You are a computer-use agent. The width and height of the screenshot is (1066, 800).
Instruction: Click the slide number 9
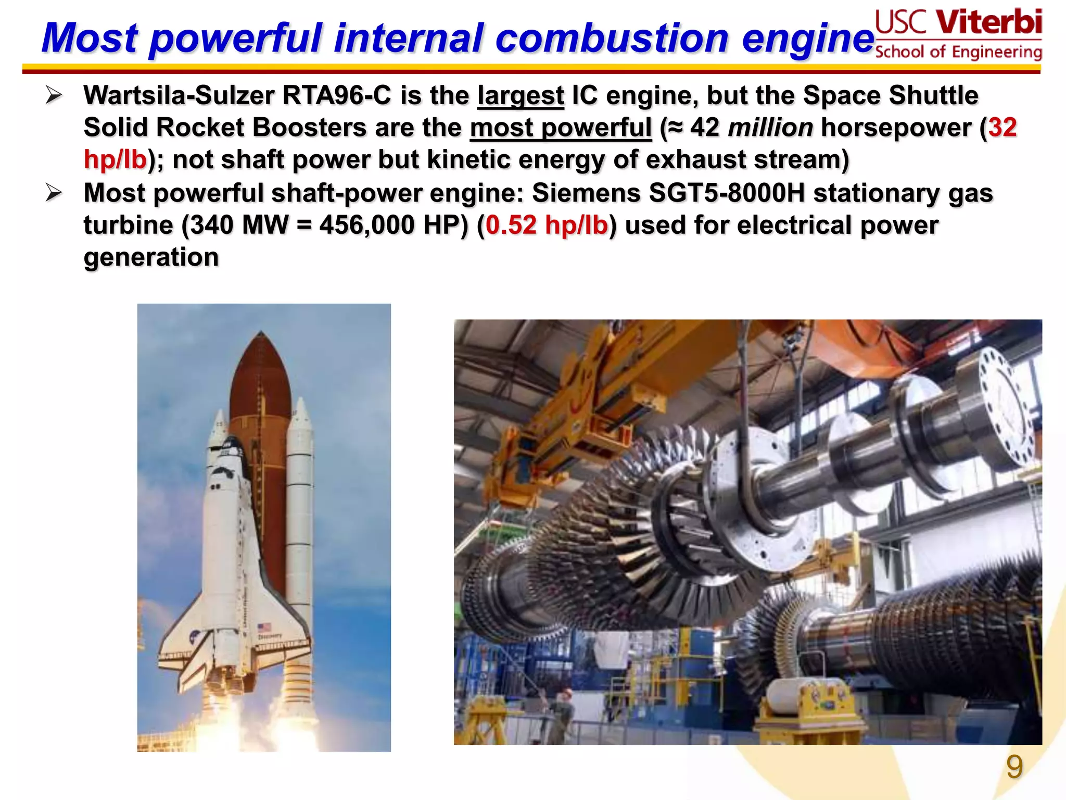(x=1014, y=767)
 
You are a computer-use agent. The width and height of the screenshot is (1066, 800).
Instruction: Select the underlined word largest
(x=521, y=96)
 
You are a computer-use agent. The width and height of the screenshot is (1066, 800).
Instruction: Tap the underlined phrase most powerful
(x=561, y=128)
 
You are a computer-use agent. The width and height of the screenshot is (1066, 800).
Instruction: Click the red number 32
(x=1002, y=128)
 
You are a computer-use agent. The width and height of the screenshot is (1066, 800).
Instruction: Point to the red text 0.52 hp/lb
(x=547, y=226)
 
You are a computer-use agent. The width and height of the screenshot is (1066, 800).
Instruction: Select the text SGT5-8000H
(x=727, y=193)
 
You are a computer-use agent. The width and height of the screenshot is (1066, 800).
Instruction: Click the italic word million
(x=770, y=128)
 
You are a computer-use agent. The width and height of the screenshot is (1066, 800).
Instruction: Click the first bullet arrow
(x=54, y=95)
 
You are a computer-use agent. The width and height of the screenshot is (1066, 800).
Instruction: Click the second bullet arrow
(x=54, y=193)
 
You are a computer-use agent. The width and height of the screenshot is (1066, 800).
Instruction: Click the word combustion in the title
(x=612, y=39)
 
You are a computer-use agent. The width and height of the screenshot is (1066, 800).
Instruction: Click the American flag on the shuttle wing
(x=264, y=628)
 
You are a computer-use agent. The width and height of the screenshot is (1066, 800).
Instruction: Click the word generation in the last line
(x=151, y=258)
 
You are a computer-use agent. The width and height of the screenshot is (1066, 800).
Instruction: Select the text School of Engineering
(x=958, y=52)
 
